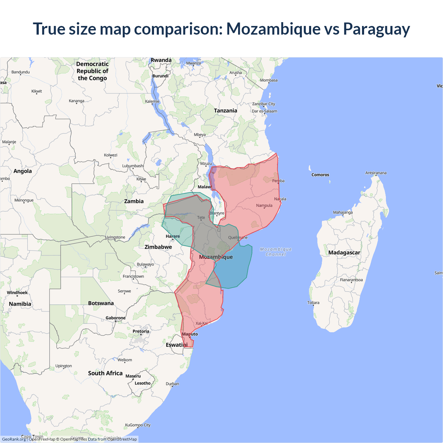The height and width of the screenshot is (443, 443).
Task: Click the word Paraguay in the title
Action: (376, 29)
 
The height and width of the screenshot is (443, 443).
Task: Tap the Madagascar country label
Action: (344, 253)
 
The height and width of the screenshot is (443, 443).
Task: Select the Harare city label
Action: (173, 236)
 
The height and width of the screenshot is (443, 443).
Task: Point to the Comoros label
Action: (320, 175)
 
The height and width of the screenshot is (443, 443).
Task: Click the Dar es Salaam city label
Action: (264, 111)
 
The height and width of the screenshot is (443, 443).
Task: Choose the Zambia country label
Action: (134, 201)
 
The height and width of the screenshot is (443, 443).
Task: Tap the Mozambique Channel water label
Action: (276, 252)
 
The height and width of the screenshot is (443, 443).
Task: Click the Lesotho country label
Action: (143, 383)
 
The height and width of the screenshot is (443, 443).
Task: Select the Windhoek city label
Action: (17, 293)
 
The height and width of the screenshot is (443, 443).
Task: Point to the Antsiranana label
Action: (376, 173)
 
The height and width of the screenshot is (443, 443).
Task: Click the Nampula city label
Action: (264, 206)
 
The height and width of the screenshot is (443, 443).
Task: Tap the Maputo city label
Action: (190, 334)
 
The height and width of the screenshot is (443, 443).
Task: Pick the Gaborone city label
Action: (116, 318)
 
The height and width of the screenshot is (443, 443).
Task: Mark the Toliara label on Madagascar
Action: (313, 302)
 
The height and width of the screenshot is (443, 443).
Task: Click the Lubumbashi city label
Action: (133, 166)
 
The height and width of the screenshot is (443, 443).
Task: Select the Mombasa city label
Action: (269, 80)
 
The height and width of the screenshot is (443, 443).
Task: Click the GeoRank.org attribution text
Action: (14, 439)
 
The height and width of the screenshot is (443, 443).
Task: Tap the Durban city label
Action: (172, 384)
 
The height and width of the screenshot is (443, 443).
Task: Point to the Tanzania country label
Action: (225, 111)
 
